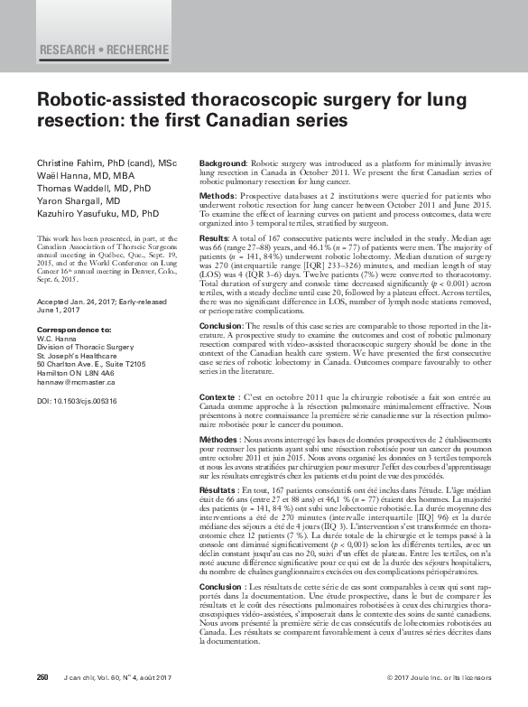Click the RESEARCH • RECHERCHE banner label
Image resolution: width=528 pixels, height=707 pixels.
[104, 48]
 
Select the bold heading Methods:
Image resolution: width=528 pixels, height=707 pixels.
[218, 195]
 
